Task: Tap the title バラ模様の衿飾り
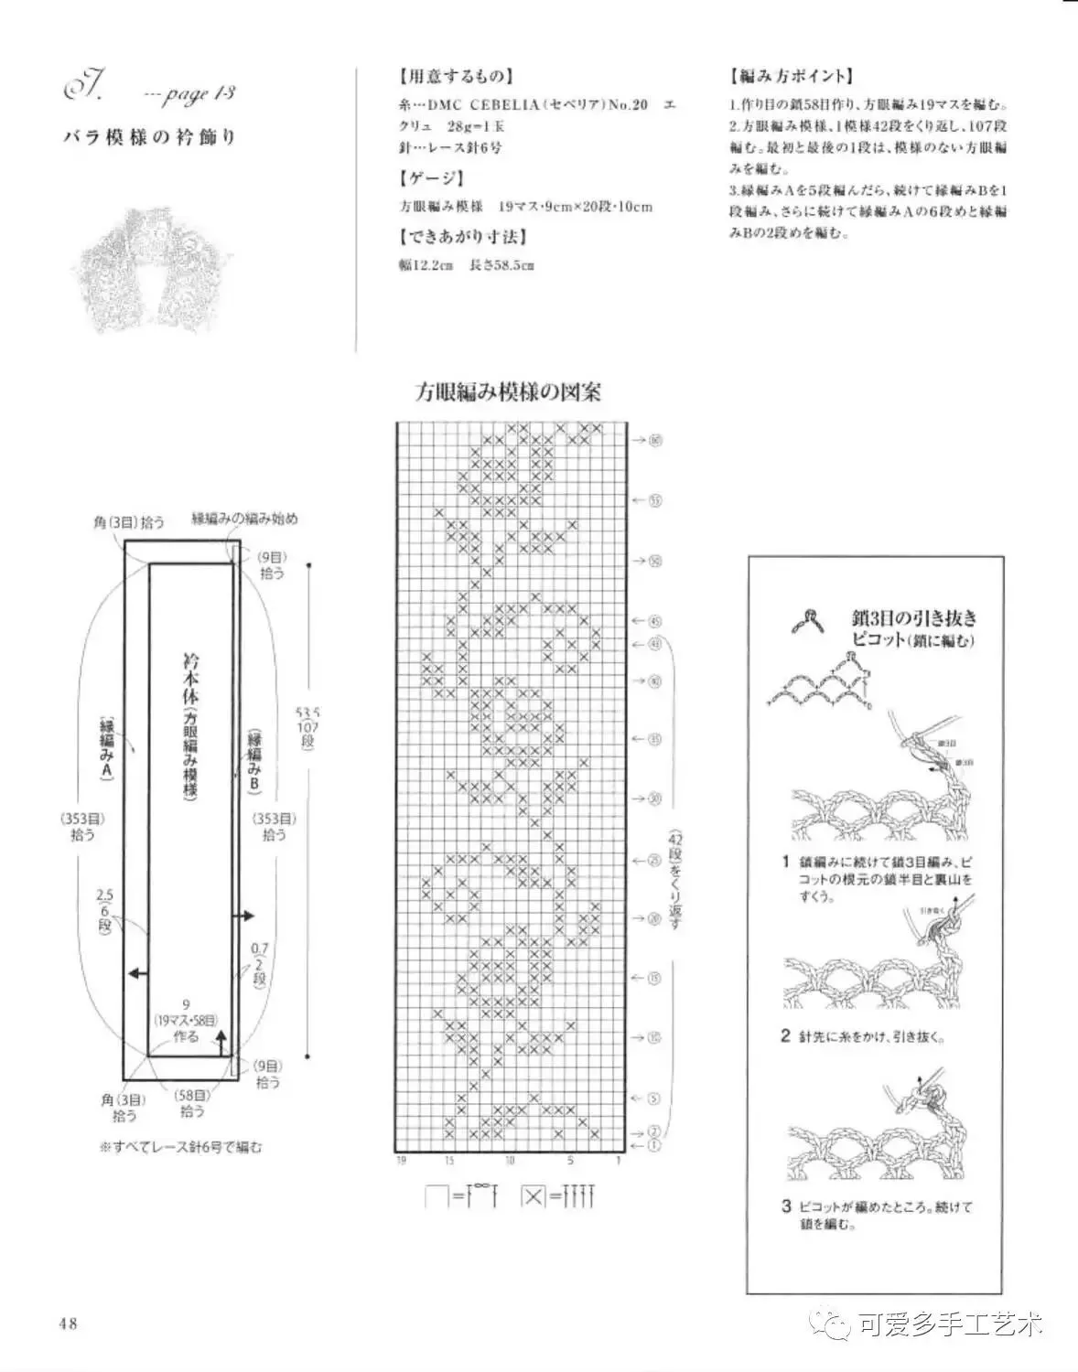[x=150, y=138]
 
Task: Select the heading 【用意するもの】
[x=456, y=76]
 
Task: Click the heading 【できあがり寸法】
[x=462, y=237]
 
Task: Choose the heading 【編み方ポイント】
[x=792, y=76]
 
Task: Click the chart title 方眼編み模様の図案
[x=509, y=392]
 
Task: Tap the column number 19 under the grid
[x=400, y=1161]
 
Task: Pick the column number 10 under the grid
[x=510, y=1161]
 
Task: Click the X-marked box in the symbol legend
[x=532, y=1195]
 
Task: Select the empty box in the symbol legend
[x=437, y=1195]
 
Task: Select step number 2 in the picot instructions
[x=785, y=1035]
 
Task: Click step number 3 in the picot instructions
[x=785, y=1206]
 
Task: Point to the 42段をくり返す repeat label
[x=675, y=881]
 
